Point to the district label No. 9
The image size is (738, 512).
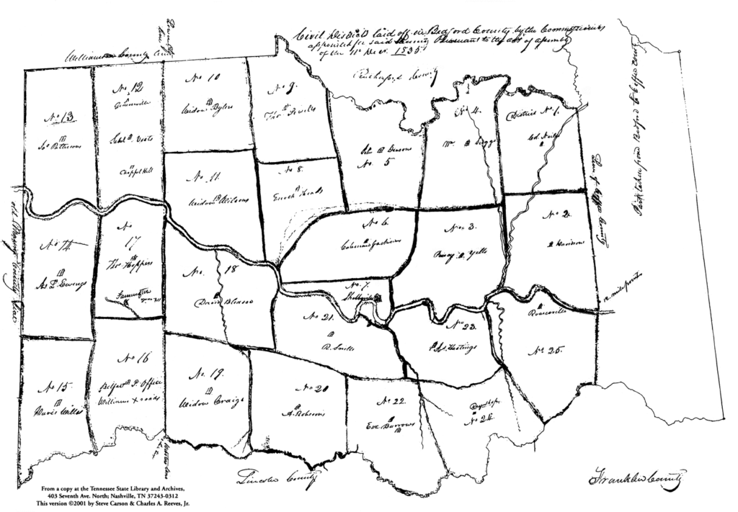tap(279, 90)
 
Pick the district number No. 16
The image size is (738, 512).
tap(134, 358)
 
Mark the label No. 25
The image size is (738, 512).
tap(550, 351)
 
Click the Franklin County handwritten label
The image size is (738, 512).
tap(637, 477)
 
